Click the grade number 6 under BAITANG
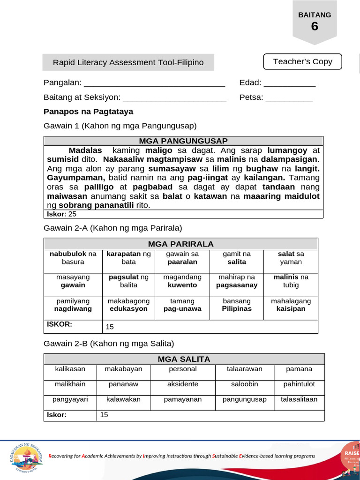314,27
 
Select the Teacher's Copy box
302,61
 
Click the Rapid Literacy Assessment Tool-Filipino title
128,62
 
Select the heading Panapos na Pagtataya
88,112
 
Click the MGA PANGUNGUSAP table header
183,141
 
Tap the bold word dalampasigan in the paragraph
291,159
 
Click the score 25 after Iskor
72,214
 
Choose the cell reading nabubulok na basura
73,258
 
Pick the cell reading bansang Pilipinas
237,305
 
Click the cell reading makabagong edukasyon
128,305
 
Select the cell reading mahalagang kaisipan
291,305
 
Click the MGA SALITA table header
184,359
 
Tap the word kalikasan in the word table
70,369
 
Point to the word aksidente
183,384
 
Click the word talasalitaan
299,399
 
